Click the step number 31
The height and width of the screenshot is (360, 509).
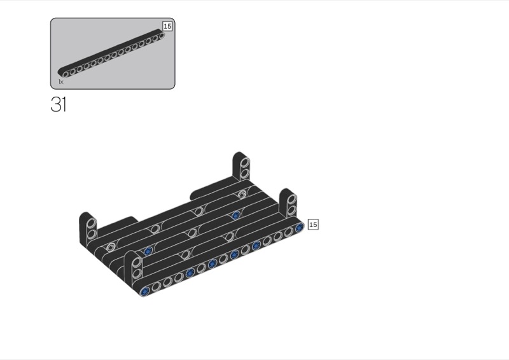59,104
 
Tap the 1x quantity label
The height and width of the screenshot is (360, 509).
60,82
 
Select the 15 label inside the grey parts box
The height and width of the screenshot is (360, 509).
167,26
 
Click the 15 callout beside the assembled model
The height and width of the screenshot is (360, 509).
313,225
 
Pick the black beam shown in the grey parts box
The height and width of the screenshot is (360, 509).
111,53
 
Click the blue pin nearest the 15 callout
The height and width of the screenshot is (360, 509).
299,228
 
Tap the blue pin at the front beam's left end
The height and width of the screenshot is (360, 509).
145,291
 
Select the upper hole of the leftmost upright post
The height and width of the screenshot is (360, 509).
92,223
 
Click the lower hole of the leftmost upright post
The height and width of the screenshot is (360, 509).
92,233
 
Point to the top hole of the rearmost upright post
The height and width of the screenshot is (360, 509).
245,162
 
